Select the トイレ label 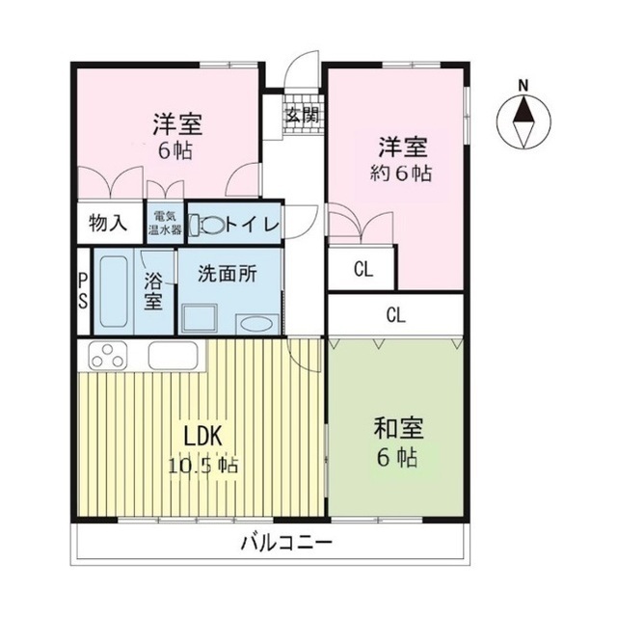253,225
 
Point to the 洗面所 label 228,274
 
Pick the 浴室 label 153,291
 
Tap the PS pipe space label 84,290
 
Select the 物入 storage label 108,224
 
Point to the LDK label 202,436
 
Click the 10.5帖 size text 202,465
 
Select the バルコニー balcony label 286,542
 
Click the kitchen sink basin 174,356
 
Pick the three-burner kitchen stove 109,356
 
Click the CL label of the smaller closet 362,270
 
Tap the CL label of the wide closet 395,314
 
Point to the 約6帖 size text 402,175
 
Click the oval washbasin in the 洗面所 255,324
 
